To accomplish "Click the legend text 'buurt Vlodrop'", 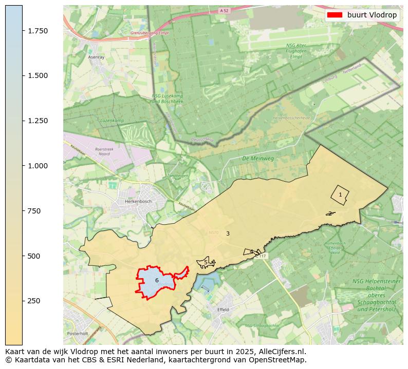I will click(372, 15).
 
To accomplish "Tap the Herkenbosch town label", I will click(138, 202).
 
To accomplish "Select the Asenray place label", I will click(96, 57).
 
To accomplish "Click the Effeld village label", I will click(223, 309).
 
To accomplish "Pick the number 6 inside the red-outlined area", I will click(157, 280).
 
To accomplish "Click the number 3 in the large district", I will click(228, 234).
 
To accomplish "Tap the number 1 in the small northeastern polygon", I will click(340, 195).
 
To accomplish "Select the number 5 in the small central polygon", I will click(206, 262).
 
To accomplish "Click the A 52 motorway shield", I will click(224, 10).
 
